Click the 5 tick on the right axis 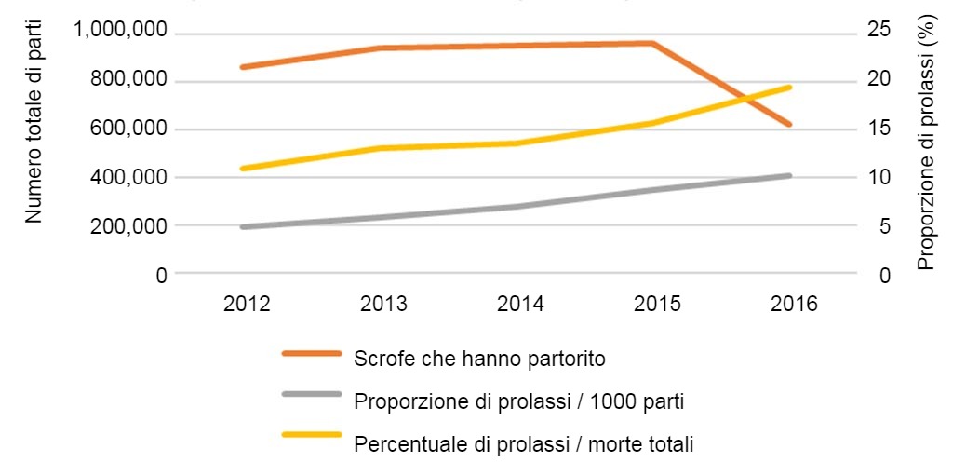click(x=884, y=226)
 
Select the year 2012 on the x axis click(x=247, y=305)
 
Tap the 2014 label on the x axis click(x=522, y=305)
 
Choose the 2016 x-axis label click(x=793, y=305)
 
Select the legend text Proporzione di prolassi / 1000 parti click(x=520, y=401)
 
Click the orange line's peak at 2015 click(x=653, y=43)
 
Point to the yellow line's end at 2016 click(x=790, y=88)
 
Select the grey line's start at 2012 click(x=242, y=226)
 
